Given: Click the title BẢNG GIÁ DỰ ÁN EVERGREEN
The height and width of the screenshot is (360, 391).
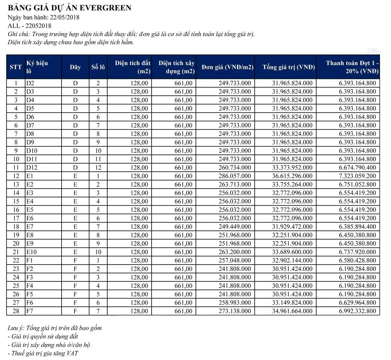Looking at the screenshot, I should [69, 8].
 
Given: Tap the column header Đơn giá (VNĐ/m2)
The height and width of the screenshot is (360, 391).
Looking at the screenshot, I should [227, 67].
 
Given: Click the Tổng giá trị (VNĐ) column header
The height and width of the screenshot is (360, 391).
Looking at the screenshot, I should [289, 67].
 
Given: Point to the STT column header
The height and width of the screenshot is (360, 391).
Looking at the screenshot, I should [16, 67].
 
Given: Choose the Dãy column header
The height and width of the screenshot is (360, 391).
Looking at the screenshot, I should [75, 67].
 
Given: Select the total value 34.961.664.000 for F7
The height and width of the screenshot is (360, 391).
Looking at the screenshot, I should [292, 311].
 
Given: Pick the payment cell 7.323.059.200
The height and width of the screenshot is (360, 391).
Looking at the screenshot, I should [357, 176].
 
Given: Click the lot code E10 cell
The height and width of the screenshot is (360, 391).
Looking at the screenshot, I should [32, 252].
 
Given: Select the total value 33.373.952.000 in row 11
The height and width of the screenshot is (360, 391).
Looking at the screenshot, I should [292, 167].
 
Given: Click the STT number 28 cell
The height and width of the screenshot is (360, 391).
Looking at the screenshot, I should [16, 311].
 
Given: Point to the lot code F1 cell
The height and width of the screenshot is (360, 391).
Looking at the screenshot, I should [30, 260].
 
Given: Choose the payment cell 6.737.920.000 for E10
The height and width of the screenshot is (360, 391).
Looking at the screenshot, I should [357, 252].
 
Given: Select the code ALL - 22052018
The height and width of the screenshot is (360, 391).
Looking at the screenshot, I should [29, 26].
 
